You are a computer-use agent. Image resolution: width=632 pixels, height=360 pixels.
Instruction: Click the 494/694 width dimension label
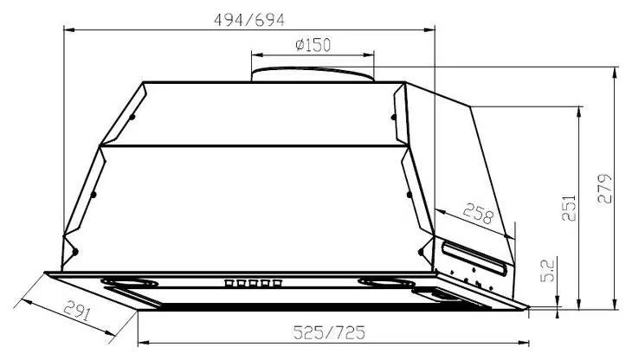click(x=249, y=20)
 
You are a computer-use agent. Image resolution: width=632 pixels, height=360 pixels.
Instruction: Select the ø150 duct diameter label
click(x=313, y=45)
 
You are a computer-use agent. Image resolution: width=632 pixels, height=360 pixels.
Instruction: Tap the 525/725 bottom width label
click(x=329, y=332)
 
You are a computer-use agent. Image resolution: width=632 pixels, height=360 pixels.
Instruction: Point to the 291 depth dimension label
click(x=77, y=311)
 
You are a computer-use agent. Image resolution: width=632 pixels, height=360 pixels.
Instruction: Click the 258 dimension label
click(x=479, y=214)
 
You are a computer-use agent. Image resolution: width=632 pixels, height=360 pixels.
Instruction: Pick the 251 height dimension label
click(x=569, y=208)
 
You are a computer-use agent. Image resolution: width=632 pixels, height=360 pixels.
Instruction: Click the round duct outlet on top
click(x=313, y=74)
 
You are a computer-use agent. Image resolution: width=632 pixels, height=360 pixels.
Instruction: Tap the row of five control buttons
click(x=253, y=283)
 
